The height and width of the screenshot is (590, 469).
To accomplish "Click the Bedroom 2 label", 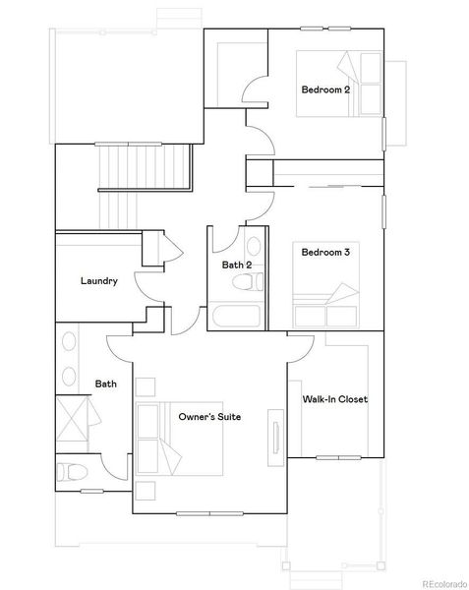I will [x=325, y=90].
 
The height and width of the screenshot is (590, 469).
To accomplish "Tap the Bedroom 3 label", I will [x=325, y=253].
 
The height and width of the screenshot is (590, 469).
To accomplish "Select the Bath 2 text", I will [x=237, y=265].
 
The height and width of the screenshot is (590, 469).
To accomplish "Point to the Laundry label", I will [x=99, y=281].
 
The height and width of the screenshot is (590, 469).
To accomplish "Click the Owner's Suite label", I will [x=209, y=417].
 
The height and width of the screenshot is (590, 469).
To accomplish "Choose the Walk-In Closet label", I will [x=335, y=399].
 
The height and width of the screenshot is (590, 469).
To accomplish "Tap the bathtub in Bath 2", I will [x=235, y=318].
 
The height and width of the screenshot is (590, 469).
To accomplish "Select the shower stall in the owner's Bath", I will [x=73, y=422].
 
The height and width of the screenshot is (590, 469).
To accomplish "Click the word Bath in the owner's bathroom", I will [x=105, y=384].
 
